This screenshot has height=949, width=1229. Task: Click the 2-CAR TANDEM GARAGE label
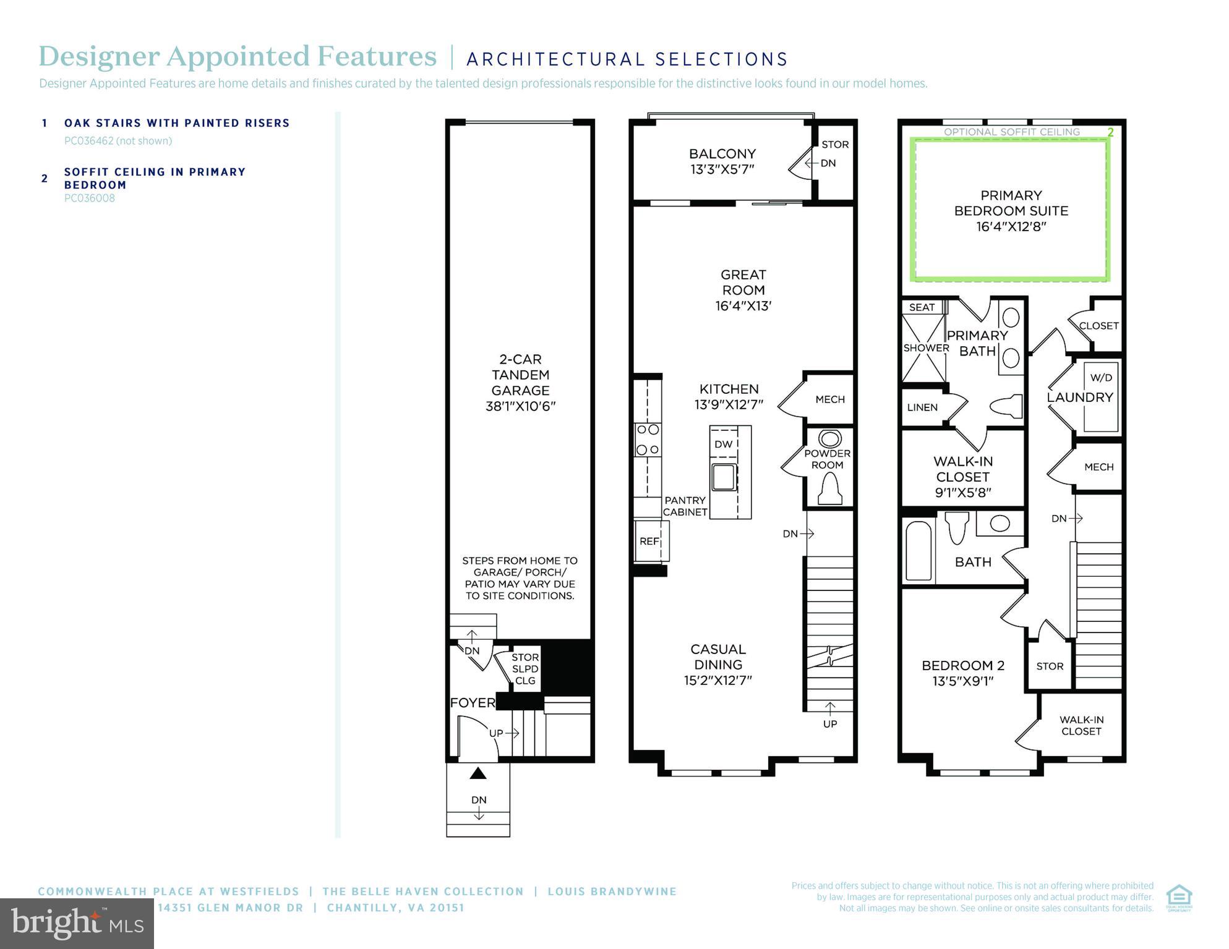[x=520, y=382]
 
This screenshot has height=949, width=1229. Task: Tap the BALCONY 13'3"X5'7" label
[x=722, y=161]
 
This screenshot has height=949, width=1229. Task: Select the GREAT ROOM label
[x=743, y=289]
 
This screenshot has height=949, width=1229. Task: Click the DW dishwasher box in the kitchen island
[x=723, y=444]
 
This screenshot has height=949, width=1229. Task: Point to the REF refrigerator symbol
[x=649, y=541]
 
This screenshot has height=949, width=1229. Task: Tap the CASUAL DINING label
[x=717, y=664]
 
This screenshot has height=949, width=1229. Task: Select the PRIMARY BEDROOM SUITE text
[x=1011, y=210]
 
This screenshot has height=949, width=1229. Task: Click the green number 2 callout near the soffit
[x=1110, y=132]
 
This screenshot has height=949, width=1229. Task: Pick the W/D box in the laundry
[x=1101, y=377]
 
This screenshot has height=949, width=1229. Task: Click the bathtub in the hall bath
[x=919, y=550]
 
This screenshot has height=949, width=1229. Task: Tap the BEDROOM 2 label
[x=963, y=673]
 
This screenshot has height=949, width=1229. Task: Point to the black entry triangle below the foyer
[x=478, y=773]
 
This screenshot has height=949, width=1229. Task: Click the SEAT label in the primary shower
[x=922, y=307]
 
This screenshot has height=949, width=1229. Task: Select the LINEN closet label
[x=922, y=407]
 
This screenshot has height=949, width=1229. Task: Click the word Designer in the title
[x=99, y=56]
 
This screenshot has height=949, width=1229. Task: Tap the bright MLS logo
[x=77, y=923]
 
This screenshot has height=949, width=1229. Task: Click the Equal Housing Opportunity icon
[x=1179, y=898]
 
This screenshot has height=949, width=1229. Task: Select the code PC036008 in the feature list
[x=90, y=198]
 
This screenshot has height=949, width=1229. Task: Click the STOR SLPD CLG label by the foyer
[x=525, y=669]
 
